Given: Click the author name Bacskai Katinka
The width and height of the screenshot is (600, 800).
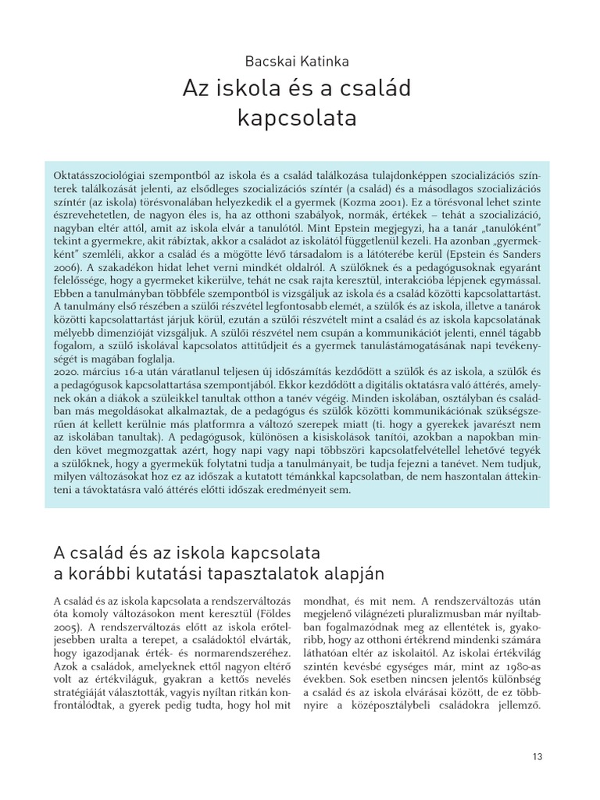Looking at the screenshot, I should coord(297,60).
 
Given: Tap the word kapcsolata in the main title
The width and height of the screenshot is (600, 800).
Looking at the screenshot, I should coord(297,119).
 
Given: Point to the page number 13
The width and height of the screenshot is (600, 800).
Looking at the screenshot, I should coord(537,756).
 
